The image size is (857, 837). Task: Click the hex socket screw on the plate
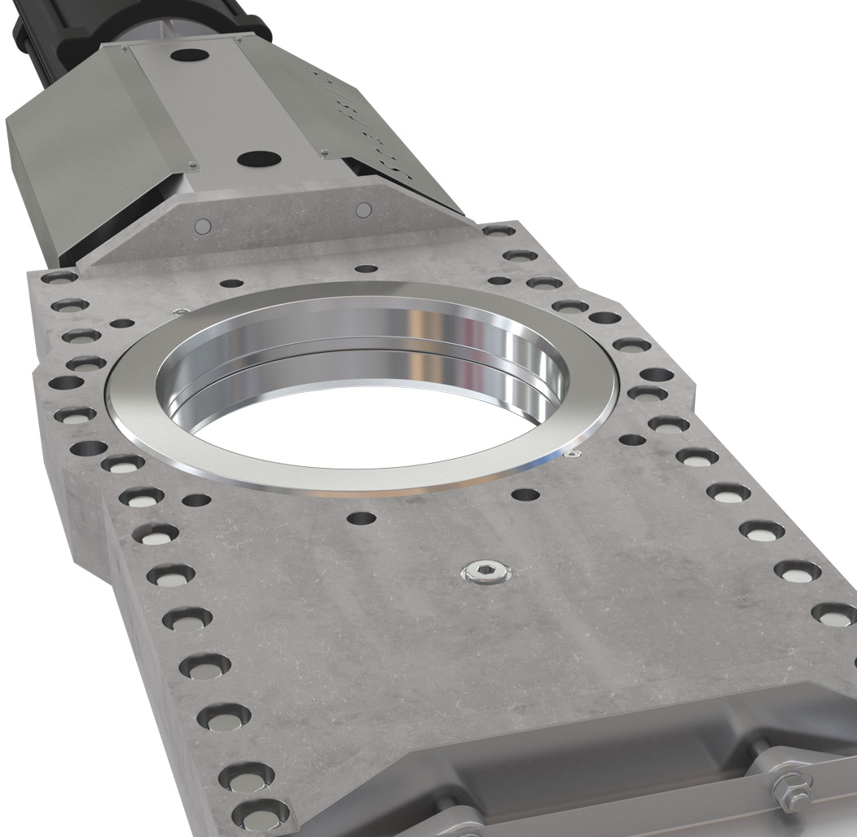(x=485, y=573)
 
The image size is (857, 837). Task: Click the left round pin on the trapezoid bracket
(x=203, y=225)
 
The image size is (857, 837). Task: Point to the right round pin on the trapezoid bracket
(x=363, y=210)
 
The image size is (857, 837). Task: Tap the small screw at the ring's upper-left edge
(x=179, y=311)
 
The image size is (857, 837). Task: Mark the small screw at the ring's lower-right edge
(x=574, y=453)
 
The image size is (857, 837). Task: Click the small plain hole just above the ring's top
(x=367, y=268)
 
